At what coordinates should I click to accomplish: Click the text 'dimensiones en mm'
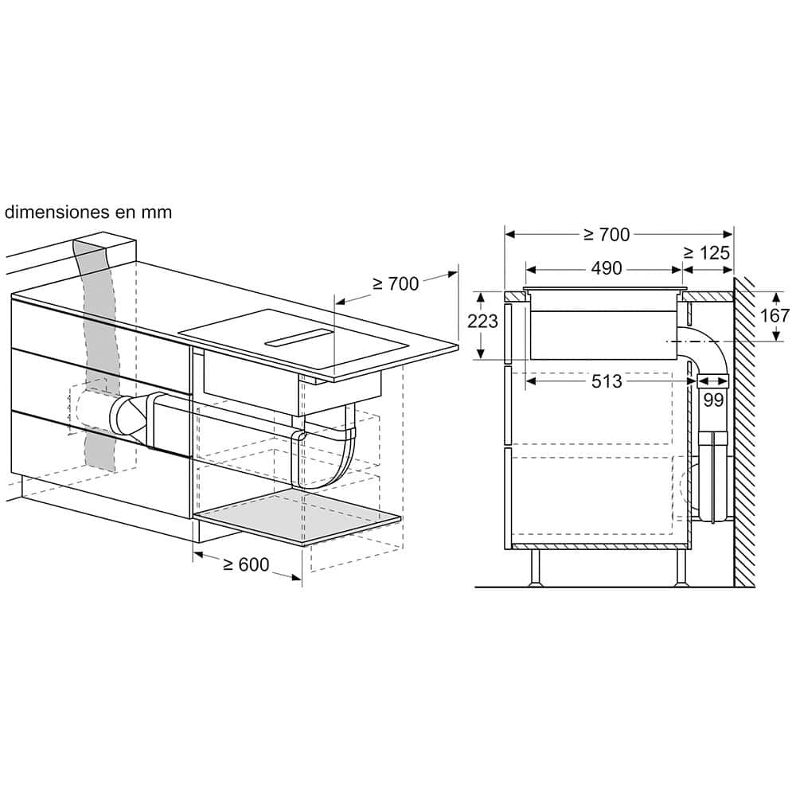click(88, 212)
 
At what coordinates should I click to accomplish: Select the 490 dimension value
click(606, 268)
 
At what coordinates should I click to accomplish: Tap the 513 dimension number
click(607, 380)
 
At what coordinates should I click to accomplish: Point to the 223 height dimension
click(482, 321)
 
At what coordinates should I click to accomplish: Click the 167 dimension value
click(775, 316)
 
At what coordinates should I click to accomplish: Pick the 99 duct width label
click(713, 400)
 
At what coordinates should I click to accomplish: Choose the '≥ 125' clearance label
click(707, 252)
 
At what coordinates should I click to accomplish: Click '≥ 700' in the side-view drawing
click(606, 235)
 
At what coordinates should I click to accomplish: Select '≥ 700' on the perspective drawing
click(396, 284)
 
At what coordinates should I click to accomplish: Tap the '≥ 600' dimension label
click(246, 564)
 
